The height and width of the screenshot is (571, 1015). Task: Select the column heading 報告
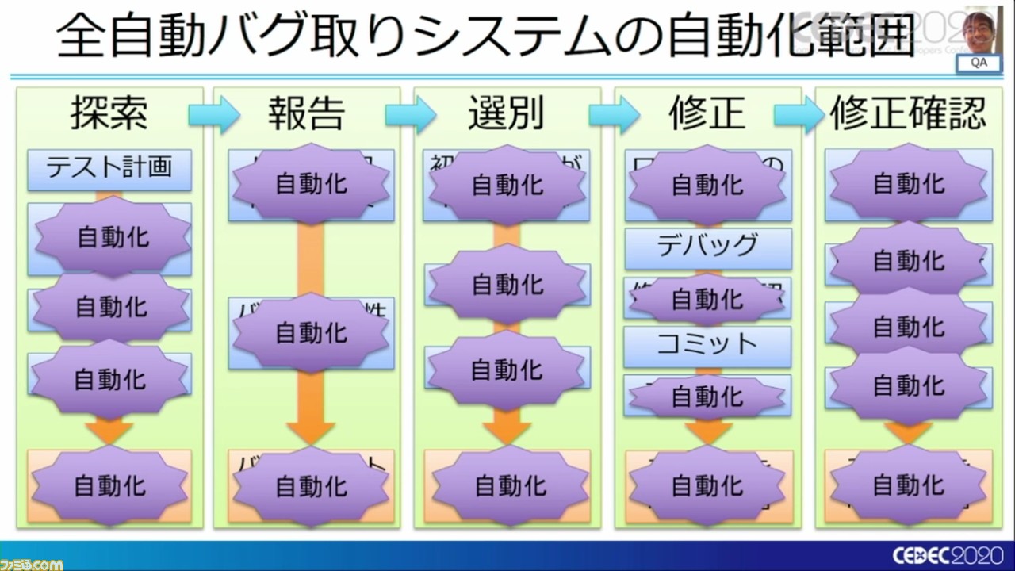click(305, 114)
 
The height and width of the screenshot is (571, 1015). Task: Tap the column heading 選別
click(505, 114)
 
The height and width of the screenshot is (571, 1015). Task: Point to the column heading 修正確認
click(908, 114)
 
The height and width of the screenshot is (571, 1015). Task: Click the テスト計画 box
click(109, 167)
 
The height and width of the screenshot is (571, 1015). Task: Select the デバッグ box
click(707, 247)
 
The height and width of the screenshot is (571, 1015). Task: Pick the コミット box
click(707, 344)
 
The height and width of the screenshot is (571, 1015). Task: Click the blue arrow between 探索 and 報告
click(213, 116)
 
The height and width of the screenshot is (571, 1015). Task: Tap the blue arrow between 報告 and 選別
click(411, 116)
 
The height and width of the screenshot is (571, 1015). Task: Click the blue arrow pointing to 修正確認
click(799, 116)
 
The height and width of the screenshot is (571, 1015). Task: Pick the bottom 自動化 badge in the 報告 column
click(311, 485)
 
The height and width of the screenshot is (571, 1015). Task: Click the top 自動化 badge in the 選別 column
click(507, 184)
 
